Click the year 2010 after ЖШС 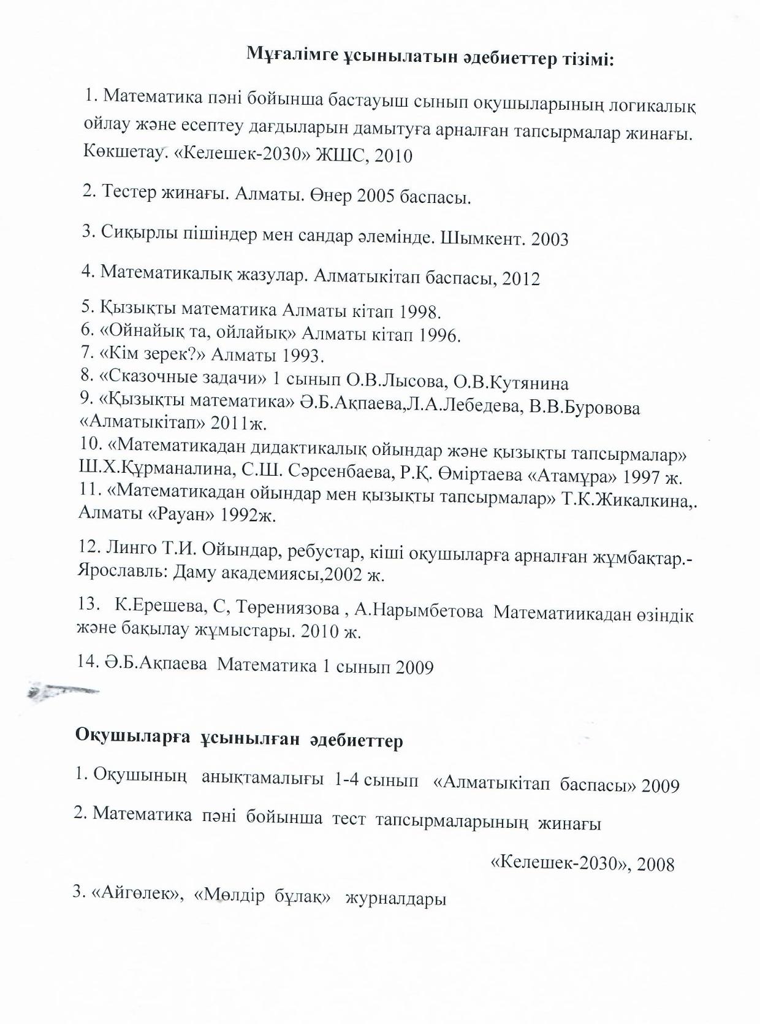pyautogui.click(x=393, y=156)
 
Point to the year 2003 pyautogui.click(x=550, y=239)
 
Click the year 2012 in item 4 pyautogui.click(x=521, y=279)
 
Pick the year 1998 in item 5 pyautogui.click(x=420, y=311)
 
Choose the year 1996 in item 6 pyautogui.click(x=439, y=335)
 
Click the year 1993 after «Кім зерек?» pyautogui.click(x=303, y=356)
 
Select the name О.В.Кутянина pyautogui.click(x=511, y=383)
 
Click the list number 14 pyautogui.click(x=89, y=660)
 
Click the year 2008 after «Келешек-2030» pyautogui.click(x=655, y=865)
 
